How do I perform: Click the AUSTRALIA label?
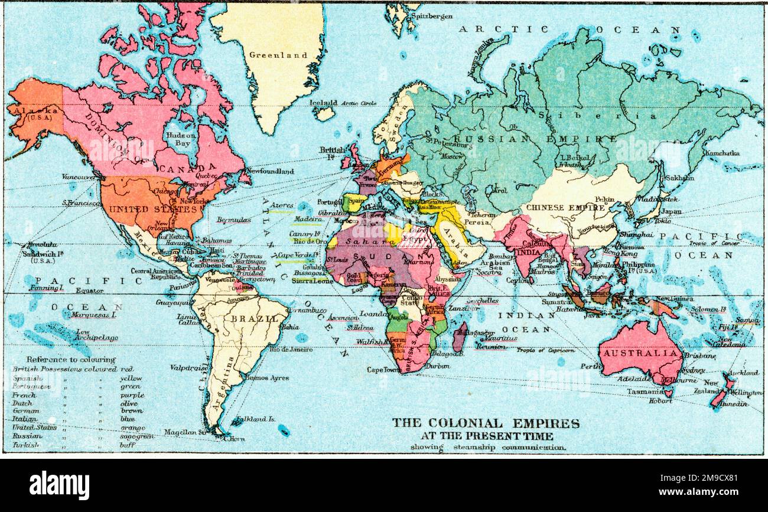641,353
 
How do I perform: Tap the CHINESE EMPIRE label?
565,208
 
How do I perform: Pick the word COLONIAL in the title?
461,423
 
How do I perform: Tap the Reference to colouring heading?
71,359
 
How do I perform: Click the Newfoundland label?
270,171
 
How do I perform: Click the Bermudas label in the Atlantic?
233,220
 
